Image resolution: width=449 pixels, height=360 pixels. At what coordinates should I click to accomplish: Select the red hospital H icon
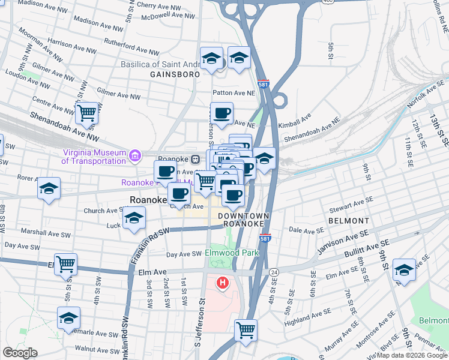[223, 282]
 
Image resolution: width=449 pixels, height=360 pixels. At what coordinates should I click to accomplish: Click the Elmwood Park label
[232, 253]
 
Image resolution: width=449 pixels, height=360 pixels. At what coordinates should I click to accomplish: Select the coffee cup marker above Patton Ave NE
[221, 113]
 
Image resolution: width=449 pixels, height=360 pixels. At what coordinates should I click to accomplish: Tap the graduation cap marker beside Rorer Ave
[49, 188]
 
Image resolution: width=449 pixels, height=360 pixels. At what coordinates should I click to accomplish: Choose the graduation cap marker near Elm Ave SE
[405, 270]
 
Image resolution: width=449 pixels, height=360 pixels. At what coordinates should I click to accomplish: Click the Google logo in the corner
[20, 353]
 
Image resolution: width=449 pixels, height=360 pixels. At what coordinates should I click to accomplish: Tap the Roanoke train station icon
[195, 159]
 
